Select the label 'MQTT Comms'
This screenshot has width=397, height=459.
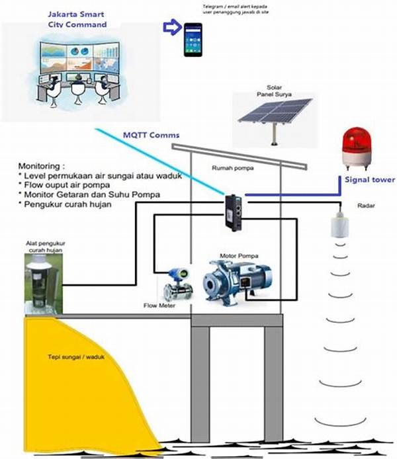point(151,136)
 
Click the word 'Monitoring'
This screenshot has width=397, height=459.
point(39,165)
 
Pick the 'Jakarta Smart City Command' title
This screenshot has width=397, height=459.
point(77,19)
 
